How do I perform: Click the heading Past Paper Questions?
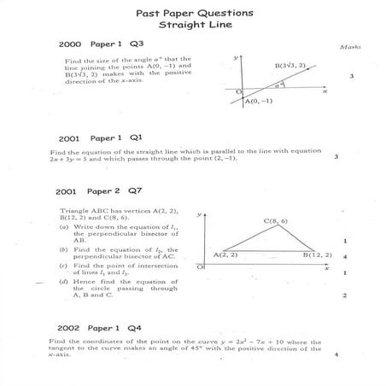[x=194, y=15]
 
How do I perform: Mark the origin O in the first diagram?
[x=239, y=91]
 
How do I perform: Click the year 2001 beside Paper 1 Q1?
[x=70, y=137]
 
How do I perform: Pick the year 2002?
[x=70, y=327]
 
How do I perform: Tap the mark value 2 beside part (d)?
[x=343, y=295]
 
